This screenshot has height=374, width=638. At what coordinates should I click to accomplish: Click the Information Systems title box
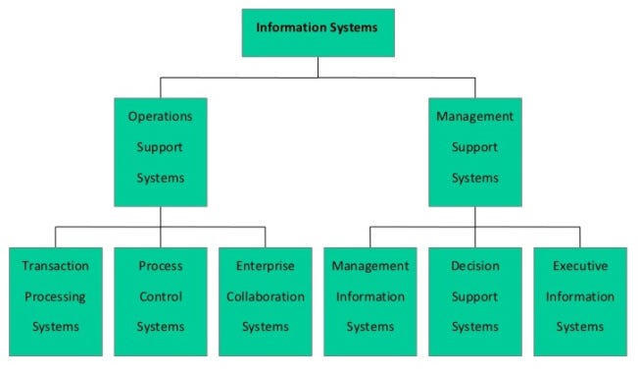[x=319, y=33]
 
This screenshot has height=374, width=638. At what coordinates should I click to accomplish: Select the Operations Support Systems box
[x=161, y=152]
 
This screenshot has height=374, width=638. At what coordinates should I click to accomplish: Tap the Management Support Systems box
[x=475, y=152]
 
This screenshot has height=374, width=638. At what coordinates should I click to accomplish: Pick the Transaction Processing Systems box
[x=56, y=301]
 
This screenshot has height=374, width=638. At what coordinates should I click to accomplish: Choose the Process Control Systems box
[x=161, y=301]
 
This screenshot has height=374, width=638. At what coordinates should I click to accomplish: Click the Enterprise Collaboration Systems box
[x=266, y=301]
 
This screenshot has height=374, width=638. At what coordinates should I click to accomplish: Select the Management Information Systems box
[x=370, y=301]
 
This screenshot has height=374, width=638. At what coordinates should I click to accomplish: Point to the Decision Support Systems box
[x=475, y=301]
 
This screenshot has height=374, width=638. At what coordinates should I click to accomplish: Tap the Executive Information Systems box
[x=580, y=301]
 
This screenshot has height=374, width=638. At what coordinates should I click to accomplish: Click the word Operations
[x=161, y=117]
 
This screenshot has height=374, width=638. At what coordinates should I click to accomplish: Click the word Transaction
[x=55, y=266]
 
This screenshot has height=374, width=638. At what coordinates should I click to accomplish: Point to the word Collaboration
[x=266, y=296]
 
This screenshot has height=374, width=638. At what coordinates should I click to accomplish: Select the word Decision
[x=475, y=266]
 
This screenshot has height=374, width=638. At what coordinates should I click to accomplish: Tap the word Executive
[x=580, y=266]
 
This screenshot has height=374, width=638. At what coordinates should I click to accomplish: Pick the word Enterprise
[x=266, y=266]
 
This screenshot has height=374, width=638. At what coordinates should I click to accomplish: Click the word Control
[x=161, y=296]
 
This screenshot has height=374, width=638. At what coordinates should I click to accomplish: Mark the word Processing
[x=55, y=297]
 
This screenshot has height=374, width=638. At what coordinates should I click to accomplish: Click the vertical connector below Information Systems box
[x=319, y=67]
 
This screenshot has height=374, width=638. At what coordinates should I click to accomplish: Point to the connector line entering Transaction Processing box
[x=56, y=238]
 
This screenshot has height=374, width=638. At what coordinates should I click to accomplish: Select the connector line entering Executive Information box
[x=580, y=238]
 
